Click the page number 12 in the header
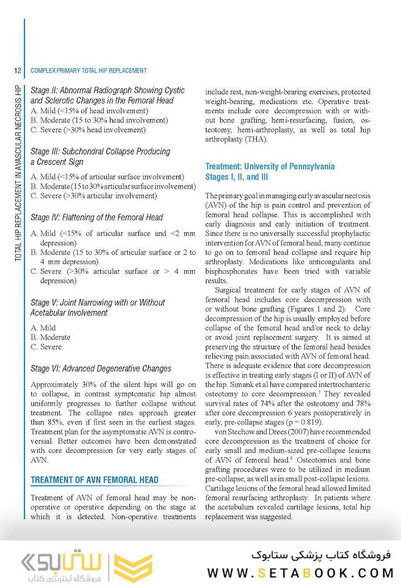[x=17, y=70]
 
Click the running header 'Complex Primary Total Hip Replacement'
[x=89, y=70]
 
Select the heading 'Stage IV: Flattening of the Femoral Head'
[x=97, y=217]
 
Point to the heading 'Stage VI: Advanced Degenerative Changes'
[x=101, y=368]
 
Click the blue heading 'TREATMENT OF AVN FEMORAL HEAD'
[x=94, y=480]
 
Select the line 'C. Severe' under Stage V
[x=46, y=347]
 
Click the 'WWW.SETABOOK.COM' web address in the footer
[x=301, y=573]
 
